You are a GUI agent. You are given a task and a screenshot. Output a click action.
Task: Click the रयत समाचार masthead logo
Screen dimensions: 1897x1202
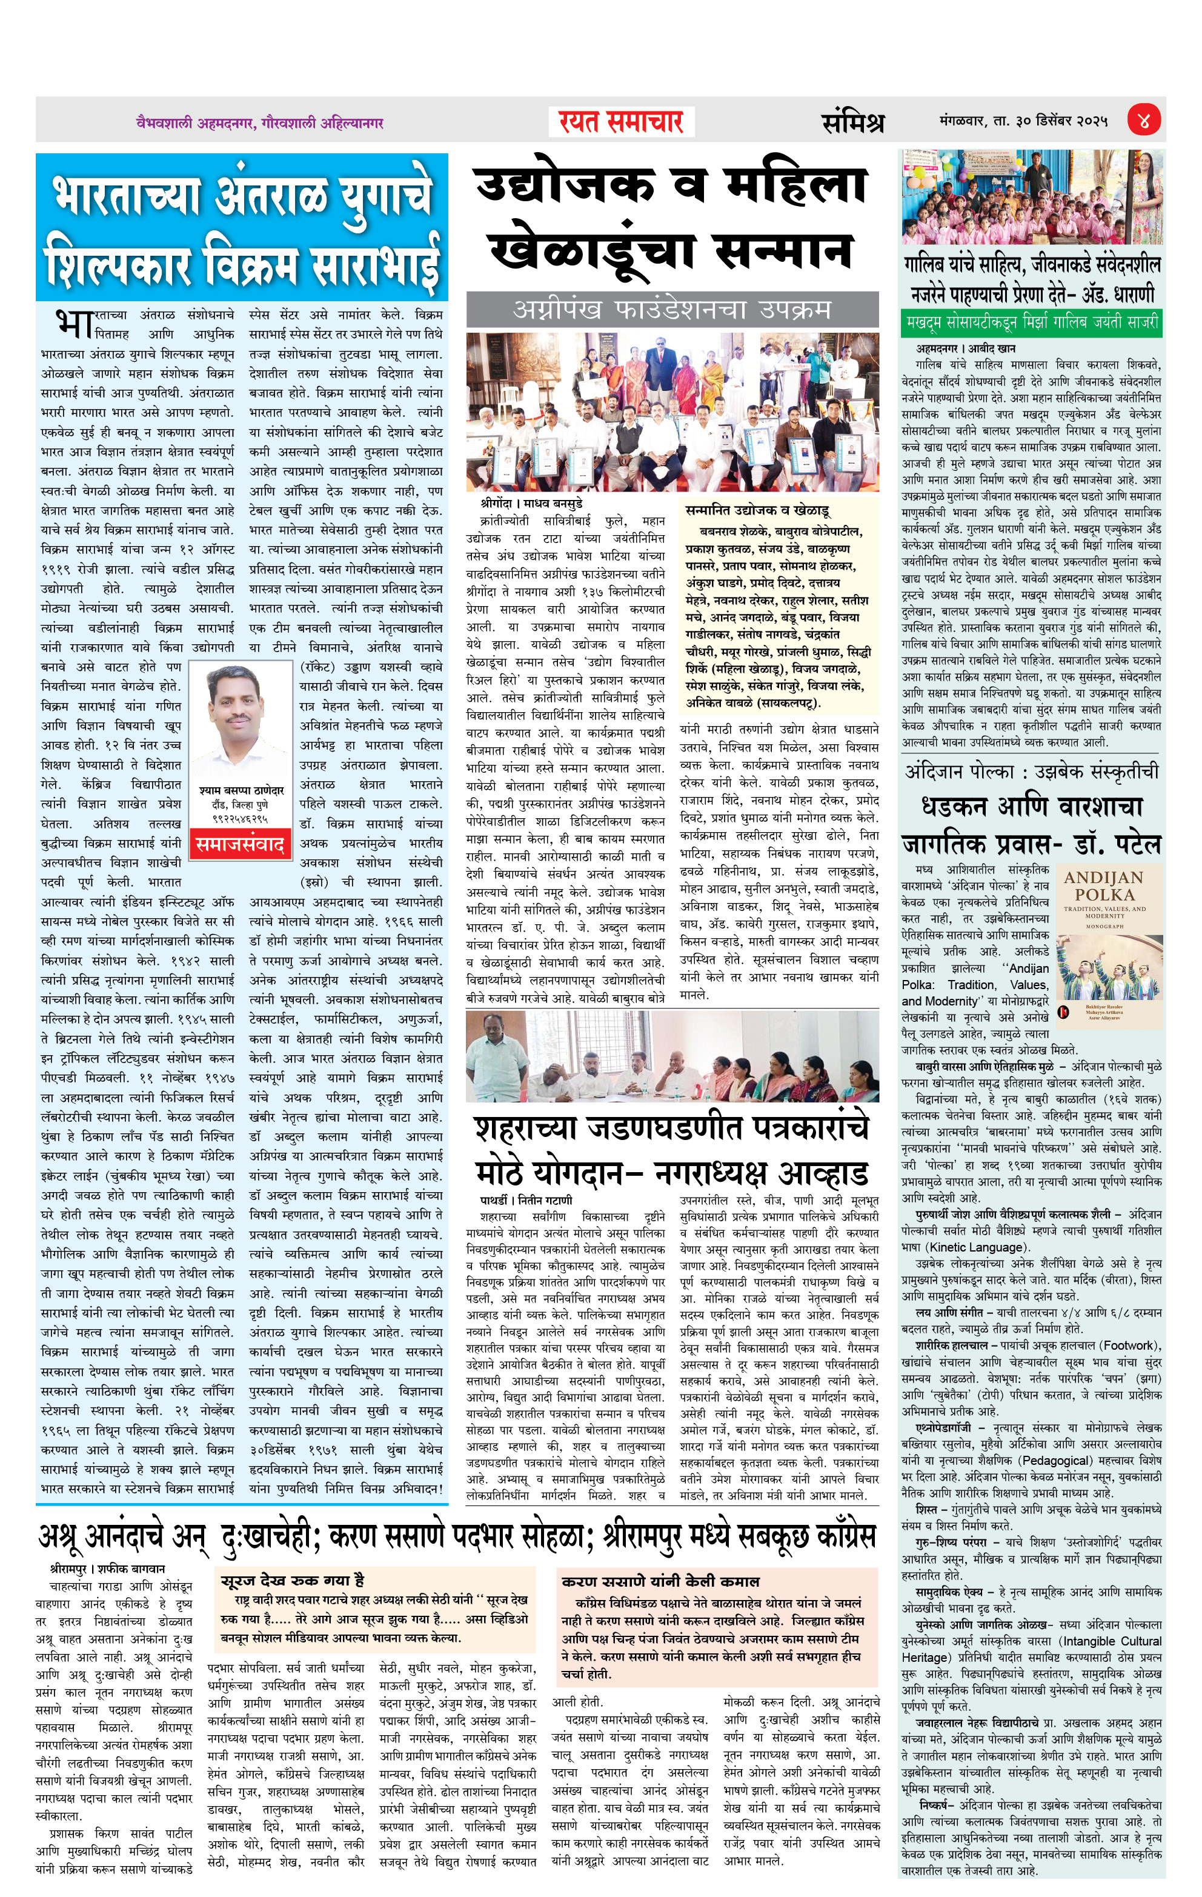point(621,122)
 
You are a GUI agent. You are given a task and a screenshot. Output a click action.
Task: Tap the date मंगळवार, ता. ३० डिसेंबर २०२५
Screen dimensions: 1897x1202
point(1023,121)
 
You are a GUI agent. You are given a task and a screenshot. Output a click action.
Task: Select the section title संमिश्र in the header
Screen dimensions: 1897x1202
point(853,122)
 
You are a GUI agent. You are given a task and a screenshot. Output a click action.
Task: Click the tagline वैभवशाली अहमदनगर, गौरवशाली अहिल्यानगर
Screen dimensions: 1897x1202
point(259,123)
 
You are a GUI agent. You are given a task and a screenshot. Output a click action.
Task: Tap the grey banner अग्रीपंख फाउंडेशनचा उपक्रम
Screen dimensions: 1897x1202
point(672,309)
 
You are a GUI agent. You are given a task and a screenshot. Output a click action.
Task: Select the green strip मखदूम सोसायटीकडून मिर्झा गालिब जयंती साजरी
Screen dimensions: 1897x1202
point(1032,322)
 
